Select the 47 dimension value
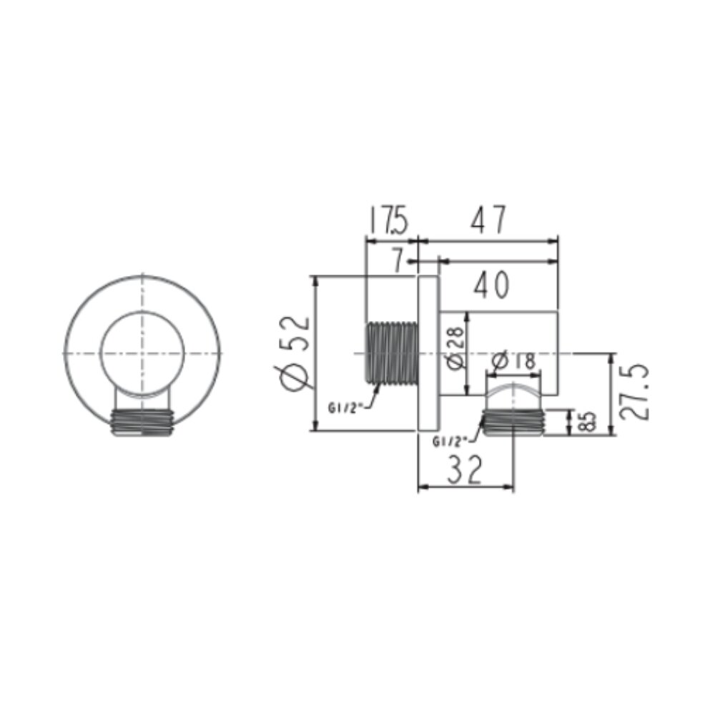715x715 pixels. pyautogui.click(x=488, y=220)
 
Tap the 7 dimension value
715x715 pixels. pyautogui.click(x=398, y=261)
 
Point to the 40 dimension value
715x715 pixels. pyautogui.click(x=490, y=285)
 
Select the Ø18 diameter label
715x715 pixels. pyautogui.click(x=514, y=362)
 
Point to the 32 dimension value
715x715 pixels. pyautogui.click(x=464, y=469)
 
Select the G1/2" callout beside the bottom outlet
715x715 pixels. pyautogui.click(x=450, y=441)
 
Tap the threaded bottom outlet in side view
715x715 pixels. pyautogui.click(x=514, y=422)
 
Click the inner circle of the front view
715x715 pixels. pyautogui.click(x=142, y=353)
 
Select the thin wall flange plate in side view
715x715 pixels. pyautogui.click(x=428, y=353)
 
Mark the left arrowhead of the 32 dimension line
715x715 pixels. pyautogui.click(x=421, y=487)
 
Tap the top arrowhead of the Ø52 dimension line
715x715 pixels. pyautogui.click(x=315, y=280)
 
